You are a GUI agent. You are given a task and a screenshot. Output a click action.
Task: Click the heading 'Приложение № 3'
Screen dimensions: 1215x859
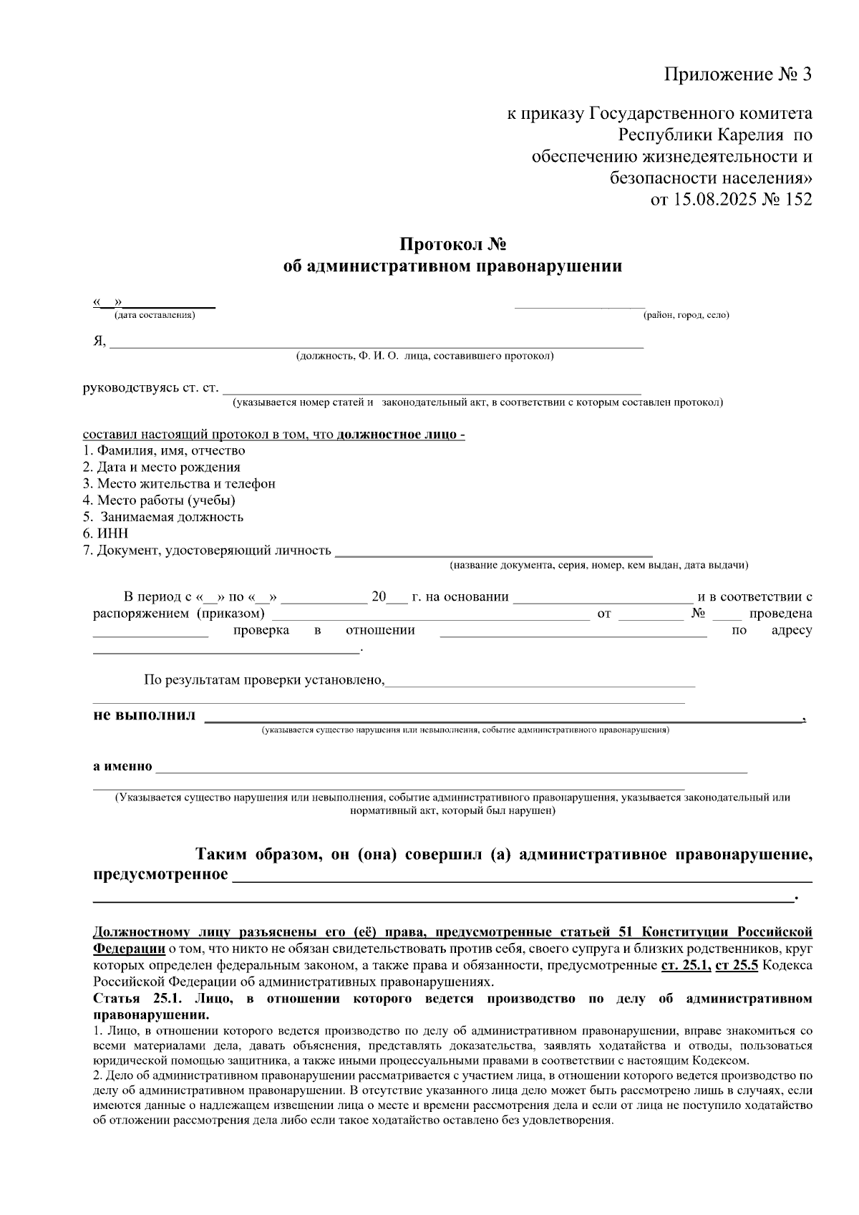[738, 74]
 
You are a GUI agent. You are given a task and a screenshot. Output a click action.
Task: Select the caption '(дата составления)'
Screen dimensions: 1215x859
[154, 315]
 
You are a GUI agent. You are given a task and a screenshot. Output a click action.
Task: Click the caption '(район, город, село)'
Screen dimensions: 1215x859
[686, 315]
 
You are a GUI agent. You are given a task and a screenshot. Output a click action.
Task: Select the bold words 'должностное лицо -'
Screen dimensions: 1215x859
[401, 435]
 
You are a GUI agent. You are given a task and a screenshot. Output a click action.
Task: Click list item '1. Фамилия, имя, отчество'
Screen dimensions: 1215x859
[164, 450]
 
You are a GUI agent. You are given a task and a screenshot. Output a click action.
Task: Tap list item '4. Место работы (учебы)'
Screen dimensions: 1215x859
[159, 500]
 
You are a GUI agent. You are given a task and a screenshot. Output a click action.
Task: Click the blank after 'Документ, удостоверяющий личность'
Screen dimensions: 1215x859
[494, 551]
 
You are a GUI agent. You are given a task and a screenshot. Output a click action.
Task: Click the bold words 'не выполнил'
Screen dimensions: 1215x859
[144, 716]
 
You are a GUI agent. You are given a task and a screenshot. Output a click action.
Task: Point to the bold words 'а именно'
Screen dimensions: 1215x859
[123, 766]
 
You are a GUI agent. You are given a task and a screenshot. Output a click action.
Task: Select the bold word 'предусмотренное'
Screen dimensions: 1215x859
[161, 875]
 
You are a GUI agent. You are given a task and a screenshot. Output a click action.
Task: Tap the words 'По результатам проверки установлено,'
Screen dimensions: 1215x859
[264, 679]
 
